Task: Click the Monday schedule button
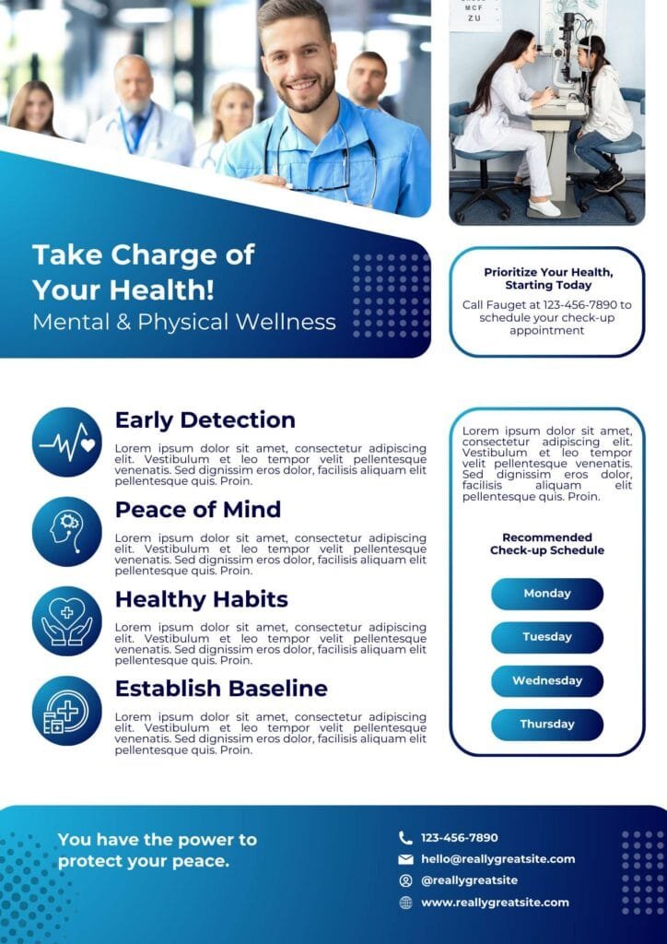pyautogui.click(x=546, y=594)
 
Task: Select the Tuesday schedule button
pyautogui.click(x=546, y=637)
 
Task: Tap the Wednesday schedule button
pyautogui.click(x=546, y=681)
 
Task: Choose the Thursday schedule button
pyautogui.click(x=546, y=725)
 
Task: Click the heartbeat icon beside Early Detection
pyautogui.click(x=66, y=442)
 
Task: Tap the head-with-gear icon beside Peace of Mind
pyautogui.click(x=66, y=532)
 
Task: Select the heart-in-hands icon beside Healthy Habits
pyautogui.click(x=66, y=620)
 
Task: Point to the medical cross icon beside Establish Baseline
pyautogui.click(x=66, y=711)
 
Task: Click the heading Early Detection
pyautogui.click(x=205, y=419)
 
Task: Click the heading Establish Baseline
pyautogui.click(x=221, y=688)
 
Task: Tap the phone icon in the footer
pyautogui.click(x=406, y=837)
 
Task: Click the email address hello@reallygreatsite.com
pyautogui.click(x=498, y=859)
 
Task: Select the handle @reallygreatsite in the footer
pyautogui.click(x=469, y=880)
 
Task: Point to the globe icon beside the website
pyautogui.click(x=406, y=903)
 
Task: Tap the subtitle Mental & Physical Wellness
pyautogui.click(x=184, y=322)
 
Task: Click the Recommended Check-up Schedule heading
pyautogui.click(x=546, y=544)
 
